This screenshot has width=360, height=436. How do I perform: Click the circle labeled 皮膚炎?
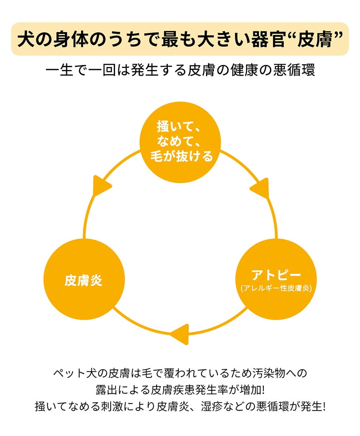[x=84, y=280]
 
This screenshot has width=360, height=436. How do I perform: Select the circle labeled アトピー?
[x=276, y=279]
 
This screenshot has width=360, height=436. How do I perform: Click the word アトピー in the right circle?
[x=276, y=275]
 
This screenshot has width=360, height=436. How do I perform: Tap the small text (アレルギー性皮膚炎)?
[x=276, y=289]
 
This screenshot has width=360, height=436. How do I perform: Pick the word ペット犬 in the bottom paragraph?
[x=74, y=372]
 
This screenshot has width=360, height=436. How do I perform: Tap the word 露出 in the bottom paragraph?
[x=107, y=389]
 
